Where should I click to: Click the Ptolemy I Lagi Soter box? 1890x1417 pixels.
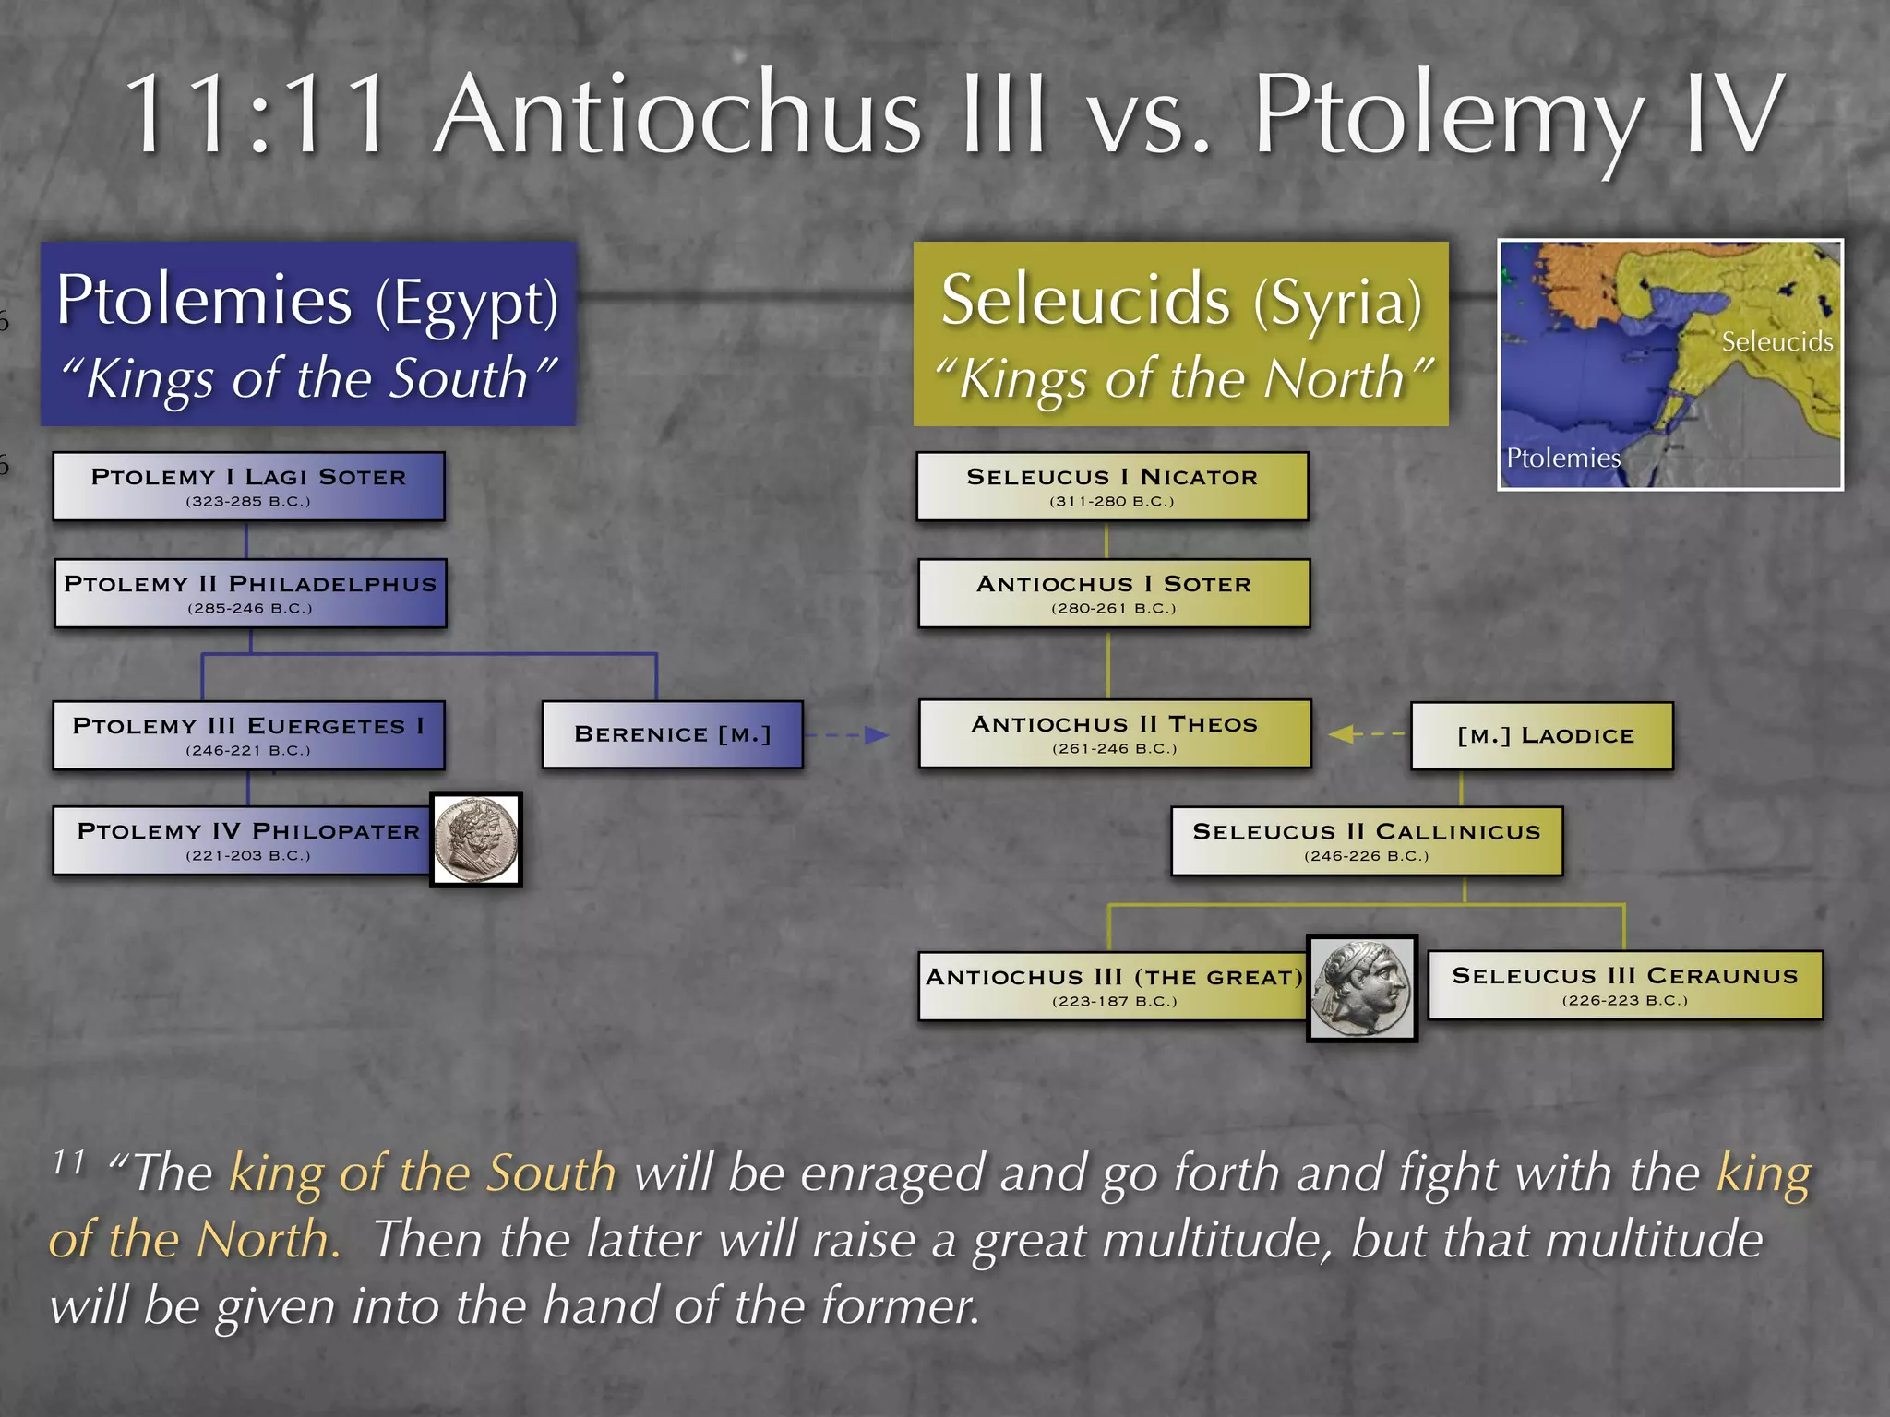click(248, 486)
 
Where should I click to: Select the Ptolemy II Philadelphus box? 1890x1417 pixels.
click(250, 593)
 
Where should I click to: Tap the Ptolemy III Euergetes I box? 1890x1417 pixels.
click(248, 735)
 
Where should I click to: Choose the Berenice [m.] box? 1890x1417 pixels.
click(672, 734)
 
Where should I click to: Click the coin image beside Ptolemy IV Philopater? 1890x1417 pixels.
click(476, 839)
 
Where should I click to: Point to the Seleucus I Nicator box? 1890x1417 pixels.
click(1112, 486)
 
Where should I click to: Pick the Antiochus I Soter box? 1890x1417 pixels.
click(1114, 593)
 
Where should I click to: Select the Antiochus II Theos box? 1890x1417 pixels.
click(1114, 733)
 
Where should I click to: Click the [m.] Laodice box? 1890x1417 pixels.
click(1542, 735)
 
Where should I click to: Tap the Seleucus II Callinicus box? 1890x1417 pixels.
click(1367, 840)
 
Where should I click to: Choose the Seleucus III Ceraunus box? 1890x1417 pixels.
click(1625, 984)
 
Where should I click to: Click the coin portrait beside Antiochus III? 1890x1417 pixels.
click(1362, 988)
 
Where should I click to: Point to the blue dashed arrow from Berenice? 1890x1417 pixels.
click(845, 735)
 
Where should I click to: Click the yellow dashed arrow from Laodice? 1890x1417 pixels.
click(1367, 734)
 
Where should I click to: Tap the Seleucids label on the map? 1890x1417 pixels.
click(1776, 342)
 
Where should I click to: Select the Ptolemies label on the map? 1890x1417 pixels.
click(1562, 458)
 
